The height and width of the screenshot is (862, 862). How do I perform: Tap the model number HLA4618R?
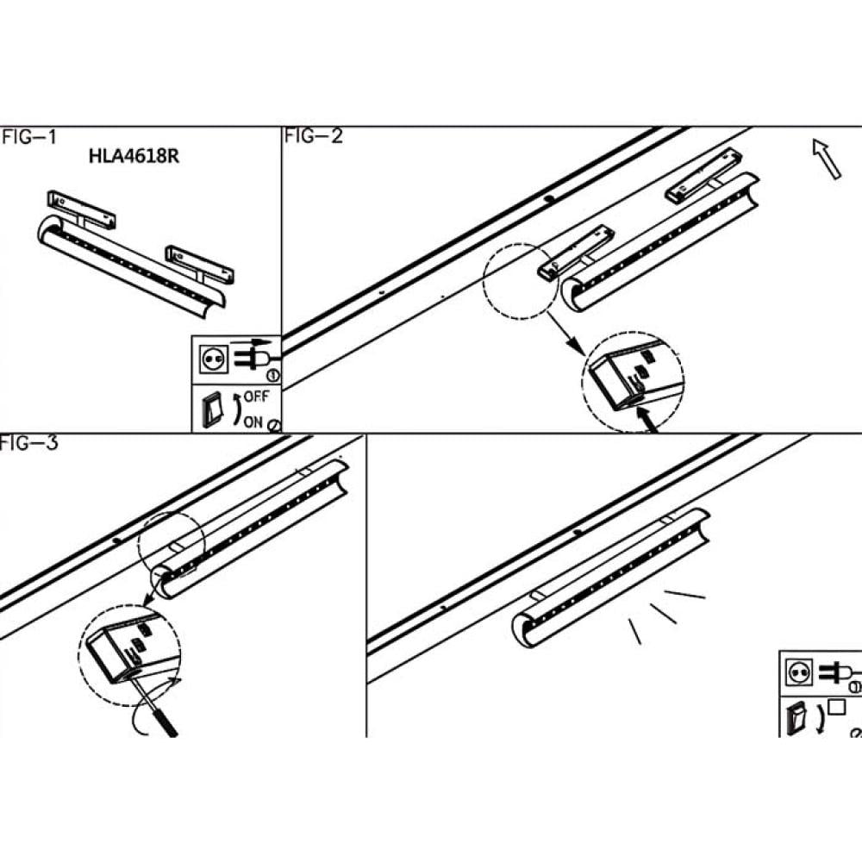click(x=134, y=157)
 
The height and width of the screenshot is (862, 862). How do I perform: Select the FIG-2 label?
click(x=314, y=136)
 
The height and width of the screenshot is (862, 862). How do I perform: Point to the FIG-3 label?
click(x=28, y=445)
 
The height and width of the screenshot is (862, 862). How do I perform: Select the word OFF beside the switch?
click(x=256, y=397)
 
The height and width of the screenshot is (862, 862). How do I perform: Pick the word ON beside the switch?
click(x=253, y=422)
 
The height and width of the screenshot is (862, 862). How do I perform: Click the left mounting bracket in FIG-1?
click(x=82, y=208)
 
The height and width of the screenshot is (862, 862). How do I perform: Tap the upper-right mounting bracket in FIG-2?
click(x=703, y=176)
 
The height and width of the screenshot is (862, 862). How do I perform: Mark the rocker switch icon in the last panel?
click(x=796, y=717)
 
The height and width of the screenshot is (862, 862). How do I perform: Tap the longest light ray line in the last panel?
click(x=685, y=594)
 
